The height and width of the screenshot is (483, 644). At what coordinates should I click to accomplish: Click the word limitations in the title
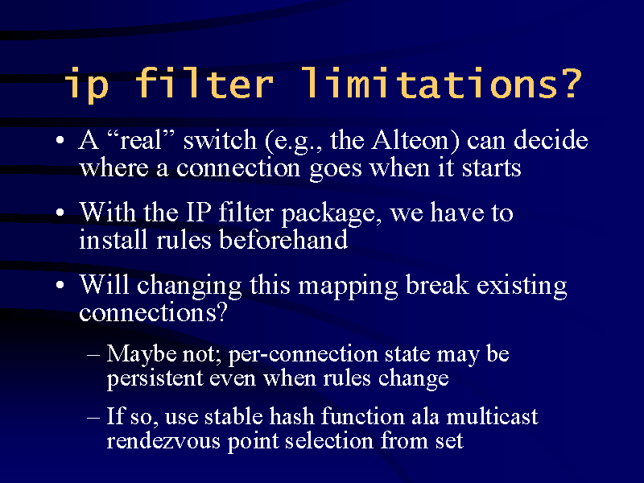point(441,83)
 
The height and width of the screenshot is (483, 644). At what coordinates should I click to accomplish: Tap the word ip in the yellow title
point(87,85)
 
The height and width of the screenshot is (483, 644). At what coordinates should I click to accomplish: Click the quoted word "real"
point(140,140)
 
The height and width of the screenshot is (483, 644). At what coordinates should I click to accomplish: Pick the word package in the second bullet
point(328,214)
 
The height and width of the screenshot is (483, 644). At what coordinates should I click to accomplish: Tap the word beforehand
point(283,239)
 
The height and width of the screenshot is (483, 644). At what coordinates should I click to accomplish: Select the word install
point(113,239)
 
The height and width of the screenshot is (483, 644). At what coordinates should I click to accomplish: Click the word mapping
point(348,287)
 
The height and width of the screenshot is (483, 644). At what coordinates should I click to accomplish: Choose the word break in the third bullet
point(437,284)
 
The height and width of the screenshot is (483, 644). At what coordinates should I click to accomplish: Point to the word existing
point(522,287)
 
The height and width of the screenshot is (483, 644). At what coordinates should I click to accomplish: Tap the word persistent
point(155,379)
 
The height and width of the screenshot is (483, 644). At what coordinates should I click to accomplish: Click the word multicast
point(492,416)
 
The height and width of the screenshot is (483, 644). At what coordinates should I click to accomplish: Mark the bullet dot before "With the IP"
point(60,213)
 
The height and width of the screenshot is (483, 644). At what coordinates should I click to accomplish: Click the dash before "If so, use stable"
point(93,418)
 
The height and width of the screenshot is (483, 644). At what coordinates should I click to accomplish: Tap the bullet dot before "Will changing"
point(60,285)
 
